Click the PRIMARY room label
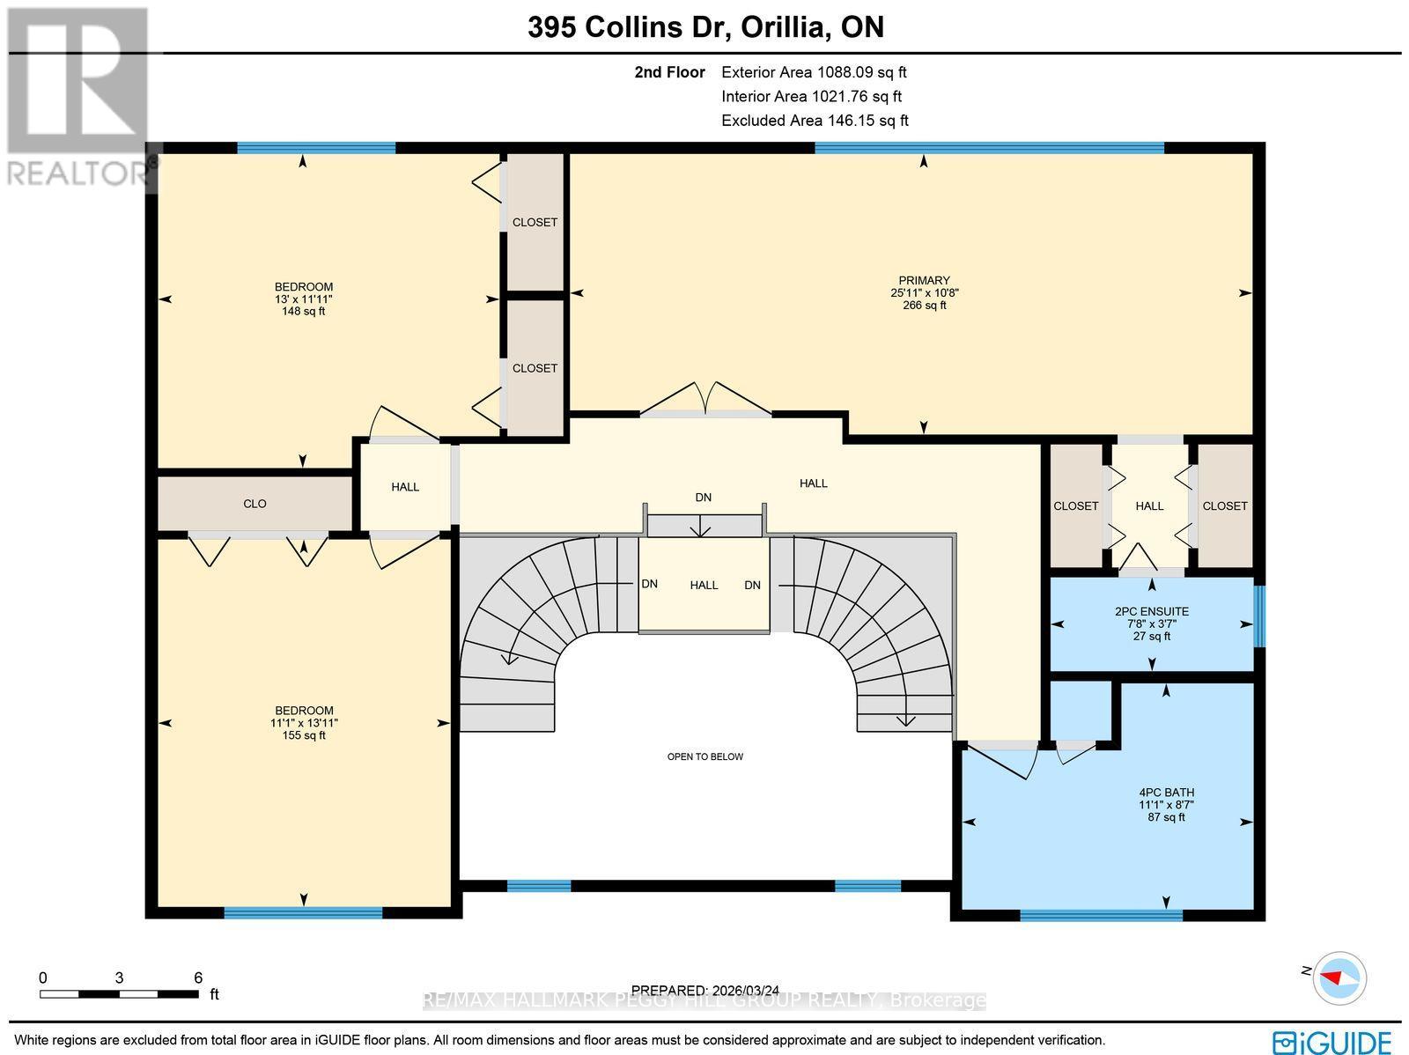click(924, 281)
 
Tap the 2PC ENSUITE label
click(1151, 611)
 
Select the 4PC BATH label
click(1166, 792)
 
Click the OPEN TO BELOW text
click(704, 756)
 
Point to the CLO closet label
click(255, 504)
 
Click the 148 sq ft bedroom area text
click(304, 311)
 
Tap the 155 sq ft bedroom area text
click(304, 735)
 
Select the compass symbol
click(1339, 977)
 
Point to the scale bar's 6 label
click(198, 978)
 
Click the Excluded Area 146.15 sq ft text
click(815, 121)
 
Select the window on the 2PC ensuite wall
click(1258, 616)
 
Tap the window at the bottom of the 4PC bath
click(1100, 915)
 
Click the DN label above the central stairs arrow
click(703, 498)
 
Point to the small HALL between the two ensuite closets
click(1149, 505)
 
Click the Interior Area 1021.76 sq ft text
click(811, 97)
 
